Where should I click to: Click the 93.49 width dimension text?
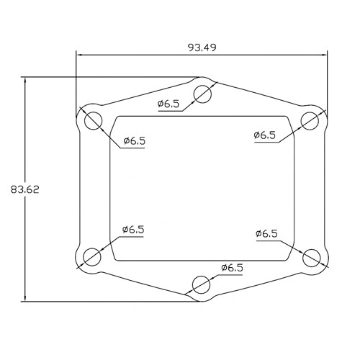[x=202, y=48]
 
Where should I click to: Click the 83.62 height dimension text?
[x=24, y=189]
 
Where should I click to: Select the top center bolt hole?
[x=202, y=94]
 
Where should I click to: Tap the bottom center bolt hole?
[x=201, y=284]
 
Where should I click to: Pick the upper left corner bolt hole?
[x=94, y=121]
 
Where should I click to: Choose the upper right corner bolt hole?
[x=310, y=121]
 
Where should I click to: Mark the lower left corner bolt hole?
[x=91, y=257]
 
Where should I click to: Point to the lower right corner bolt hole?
[x=312, y=258]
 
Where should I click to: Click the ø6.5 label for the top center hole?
[x=168, y=104]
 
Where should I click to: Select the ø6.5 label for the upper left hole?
[x=135, y=140]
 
